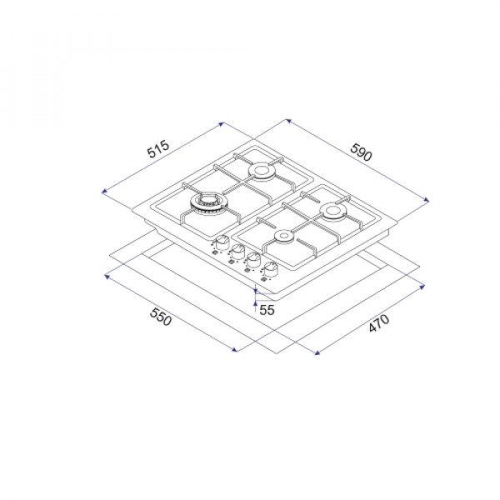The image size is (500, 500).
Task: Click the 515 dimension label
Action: [158, 149]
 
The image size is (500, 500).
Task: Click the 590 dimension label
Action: [361, 152]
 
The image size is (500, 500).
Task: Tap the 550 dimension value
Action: [161, 317]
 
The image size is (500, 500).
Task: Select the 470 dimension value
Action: [379, 323]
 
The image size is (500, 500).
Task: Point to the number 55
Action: [267, 310]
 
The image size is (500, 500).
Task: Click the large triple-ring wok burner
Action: [206, 203]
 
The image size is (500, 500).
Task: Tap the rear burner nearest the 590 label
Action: [261, 172]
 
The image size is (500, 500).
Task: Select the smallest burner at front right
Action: [283, 237]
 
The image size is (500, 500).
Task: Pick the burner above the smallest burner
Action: [332, 212]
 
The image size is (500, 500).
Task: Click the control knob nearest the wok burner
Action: [222, 243]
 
